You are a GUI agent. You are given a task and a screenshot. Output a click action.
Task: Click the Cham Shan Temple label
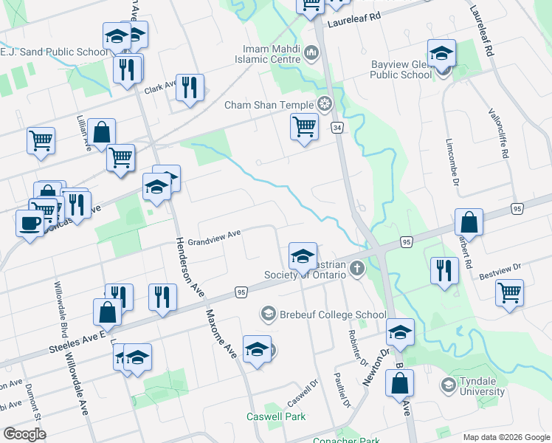(x=269, y=104)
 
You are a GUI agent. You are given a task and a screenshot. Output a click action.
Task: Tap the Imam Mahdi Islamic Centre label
(x=266, y=54)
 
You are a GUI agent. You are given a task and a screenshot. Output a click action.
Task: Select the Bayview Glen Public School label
(x=401, y=69)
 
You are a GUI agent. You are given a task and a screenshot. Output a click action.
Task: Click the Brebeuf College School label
(x=323, y=314)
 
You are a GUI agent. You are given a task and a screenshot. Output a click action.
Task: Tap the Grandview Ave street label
(x=214, y=238)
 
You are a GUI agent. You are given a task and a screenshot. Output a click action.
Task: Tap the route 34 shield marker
(x=337, y=128)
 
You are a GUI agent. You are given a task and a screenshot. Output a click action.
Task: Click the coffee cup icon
(x=30, y=222)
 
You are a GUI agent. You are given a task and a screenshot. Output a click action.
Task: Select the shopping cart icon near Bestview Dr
(x=509, y=292)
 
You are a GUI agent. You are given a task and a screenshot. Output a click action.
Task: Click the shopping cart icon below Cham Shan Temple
(x=304, y=126)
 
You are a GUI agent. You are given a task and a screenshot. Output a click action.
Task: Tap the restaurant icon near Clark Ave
(x=190, y=87)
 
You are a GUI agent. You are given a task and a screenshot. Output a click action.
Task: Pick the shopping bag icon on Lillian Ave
(x=102, y=132)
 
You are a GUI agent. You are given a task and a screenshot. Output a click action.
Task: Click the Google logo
(x=24, y=434)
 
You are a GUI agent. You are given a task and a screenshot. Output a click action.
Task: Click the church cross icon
(x=357, y=268)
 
